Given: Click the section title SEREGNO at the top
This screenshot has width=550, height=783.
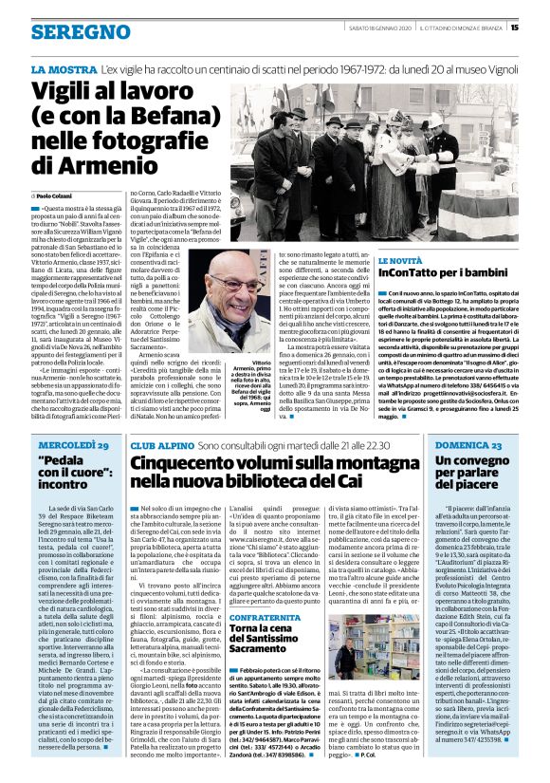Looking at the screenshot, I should (71, 32).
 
